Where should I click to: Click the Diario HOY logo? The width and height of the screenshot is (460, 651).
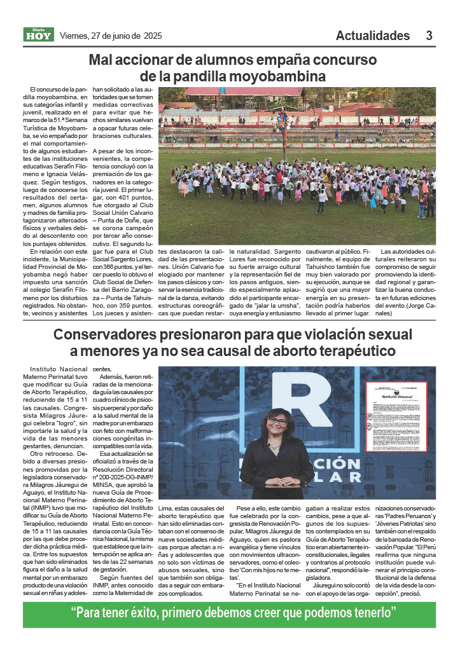tap(38, 35)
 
